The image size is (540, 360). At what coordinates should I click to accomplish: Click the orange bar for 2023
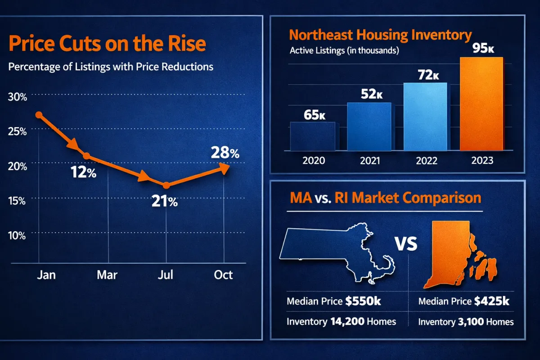tap(481, 103)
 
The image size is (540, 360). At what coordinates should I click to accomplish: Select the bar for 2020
tap(312, 136)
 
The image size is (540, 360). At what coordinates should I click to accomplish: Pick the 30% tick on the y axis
tap(17, 97)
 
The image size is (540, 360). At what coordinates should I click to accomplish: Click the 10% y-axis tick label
tap(17, 235)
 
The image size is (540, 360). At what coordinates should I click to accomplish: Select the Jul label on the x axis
tap(166, 274)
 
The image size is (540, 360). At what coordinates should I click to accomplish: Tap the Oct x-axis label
tap(224, 274)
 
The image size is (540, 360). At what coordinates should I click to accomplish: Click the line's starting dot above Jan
tap(39, 115)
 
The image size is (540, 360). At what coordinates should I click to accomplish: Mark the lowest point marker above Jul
tap(166, 185)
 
